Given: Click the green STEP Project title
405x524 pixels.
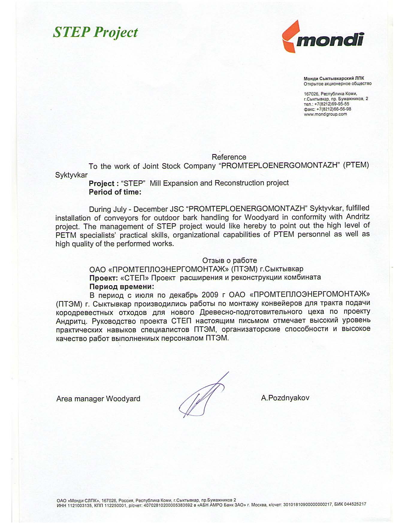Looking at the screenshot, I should point(95,32).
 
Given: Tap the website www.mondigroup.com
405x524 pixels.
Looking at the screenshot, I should point(325,114).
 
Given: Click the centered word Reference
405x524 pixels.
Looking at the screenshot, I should point(229,157).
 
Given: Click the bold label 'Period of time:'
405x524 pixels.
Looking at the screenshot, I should point(115,192).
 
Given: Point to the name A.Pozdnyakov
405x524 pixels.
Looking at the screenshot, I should point(285,398).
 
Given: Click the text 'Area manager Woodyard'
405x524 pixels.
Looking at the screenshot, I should point(98,399).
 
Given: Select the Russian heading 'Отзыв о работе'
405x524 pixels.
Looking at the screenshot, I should point(229,260).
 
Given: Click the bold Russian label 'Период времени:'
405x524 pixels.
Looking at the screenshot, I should point(122,286).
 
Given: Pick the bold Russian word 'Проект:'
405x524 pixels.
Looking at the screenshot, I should point(104,278).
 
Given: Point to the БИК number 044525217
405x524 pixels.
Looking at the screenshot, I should point(356,504).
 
